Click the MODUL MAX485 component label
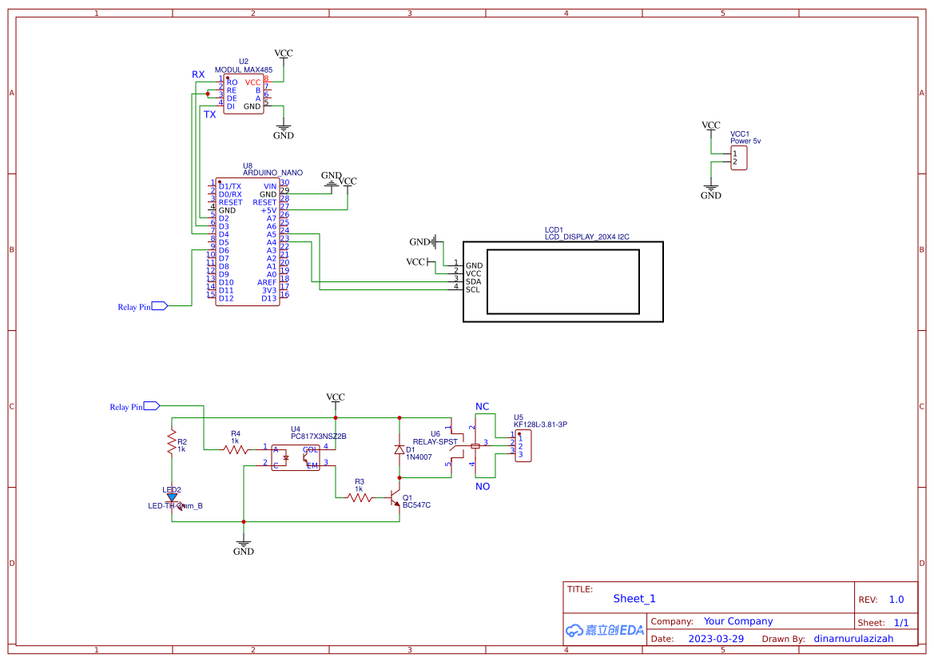point(243,70)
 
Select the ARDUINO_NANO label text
point(272,173)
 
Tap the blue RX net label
point(198,74)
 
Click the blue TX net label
point(209,114)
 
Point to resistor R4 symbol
point(235,449)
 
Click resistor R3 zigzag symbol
point(360,497)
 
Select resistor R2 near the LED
point(171,441)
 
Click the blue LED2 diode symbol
point(172,497)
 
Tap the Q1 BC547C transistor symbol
point(396,497)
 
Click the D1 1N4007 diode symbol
point(399,450)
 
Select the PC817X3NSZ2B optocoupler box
point(295,457)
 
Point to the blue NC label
point(482,407)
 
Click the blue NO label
point(483,486)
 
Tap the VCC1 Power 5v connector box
point(739,158)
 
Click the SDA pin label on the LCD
point(473,281)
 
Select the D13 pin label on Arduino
point(268,298)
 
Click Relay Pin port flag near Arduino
point(158,306)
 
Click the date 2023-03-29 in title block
point(716,639)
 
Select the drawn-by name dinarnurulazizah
point(853,639)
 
